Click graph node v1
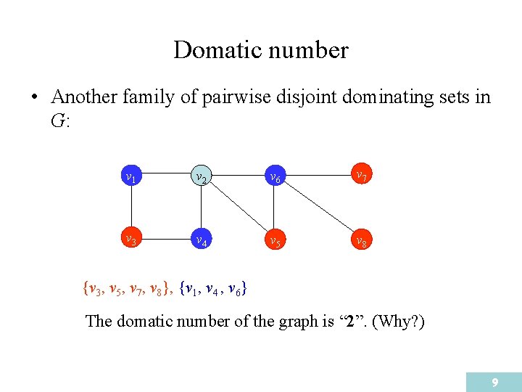click(130, 176)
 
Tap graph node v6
click(274, 176)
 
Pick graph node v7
click(360, 175)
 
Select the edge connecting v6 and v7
click(317, 175)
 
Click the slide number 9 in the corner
click(494, 382)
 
